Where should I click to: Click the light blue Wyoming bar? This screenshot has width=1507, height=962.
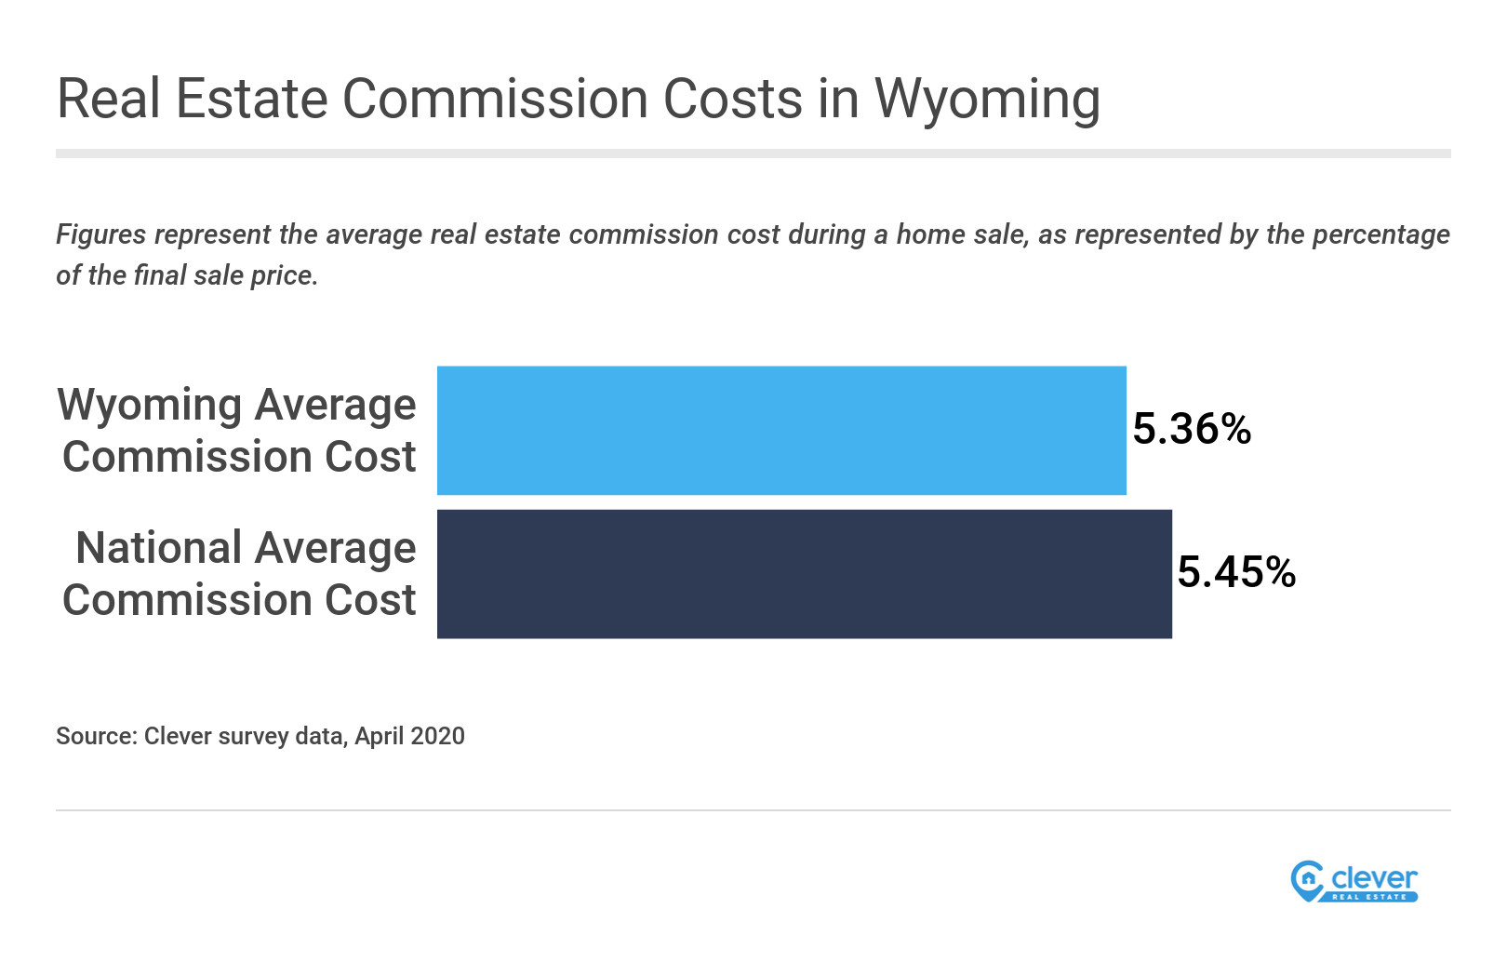pyautogui.click(x=781, y=430)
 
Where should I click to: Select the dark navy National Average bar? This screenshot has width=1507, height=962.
pyautogui.click(x=804, y=573)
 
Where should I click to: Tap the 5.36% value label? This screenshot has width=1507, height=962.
pyautogui.click(x=1192, y=429)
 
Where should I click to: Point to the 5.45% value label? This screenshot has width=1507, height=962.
pyautogui.click(x=1236, y=572)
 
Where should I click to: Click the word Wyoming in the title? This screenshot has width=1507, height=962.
pyautogui.click(x=987, y=99)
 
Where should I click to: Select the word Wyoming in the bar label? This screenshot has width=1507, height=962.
pyautogui.click(x=148, y=406)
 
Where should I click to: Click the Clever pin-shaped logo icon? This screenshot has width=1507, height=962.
pyautogui.click(x=1307, y=880)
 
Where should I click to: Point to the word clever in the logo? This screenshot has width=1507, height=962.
pyautogui.click(x=1374, y=877)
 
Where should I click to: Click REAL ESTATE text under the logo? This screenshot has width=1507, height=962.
pyautogui.click(x=1369, y=897)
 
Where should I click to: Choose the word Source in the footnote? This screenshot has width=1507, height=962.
pyautogui.click(x=96, y=736)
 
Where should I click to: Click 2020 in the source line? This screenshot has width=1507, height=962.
pyautogui.click(x=437, y=736)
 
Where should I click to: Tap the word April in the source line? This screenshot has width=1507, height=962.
pyautogui.click(x=379, y=737)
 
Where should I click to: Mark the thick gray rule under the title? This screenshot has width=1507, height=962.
pyautogui.click(x=753, y=154)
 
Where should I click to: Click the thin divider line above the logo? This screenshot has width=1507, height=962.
pyautogui.click(x=753, y=809)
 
